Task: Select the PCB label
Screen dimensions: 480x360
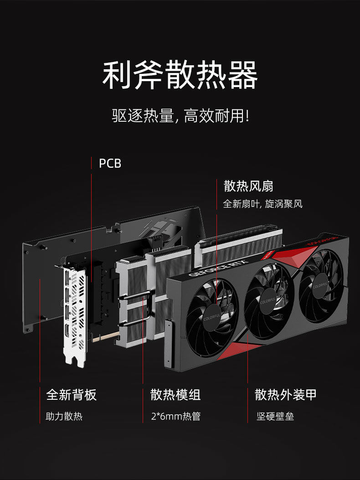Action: click(110, 163)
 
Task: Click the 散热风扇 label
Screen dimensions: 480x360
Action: click(248, 186)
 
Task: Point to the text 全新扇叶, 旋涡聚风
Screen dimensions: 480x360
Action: click(262, 204)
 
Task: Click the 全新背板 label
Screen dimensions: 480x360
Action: click(72, 395)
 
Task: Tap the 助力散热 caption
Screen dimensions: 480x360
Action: click(64, 416)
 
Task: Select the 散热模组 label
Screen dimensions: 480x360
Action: click(175, 395)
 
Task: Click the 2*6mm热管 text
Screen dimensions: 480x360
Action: click(175, 416)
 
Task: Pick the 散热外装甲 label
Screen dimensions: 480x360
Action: click(285, 395)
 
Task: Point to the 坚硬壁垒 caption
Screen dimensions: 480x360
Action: click(275, 416)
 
